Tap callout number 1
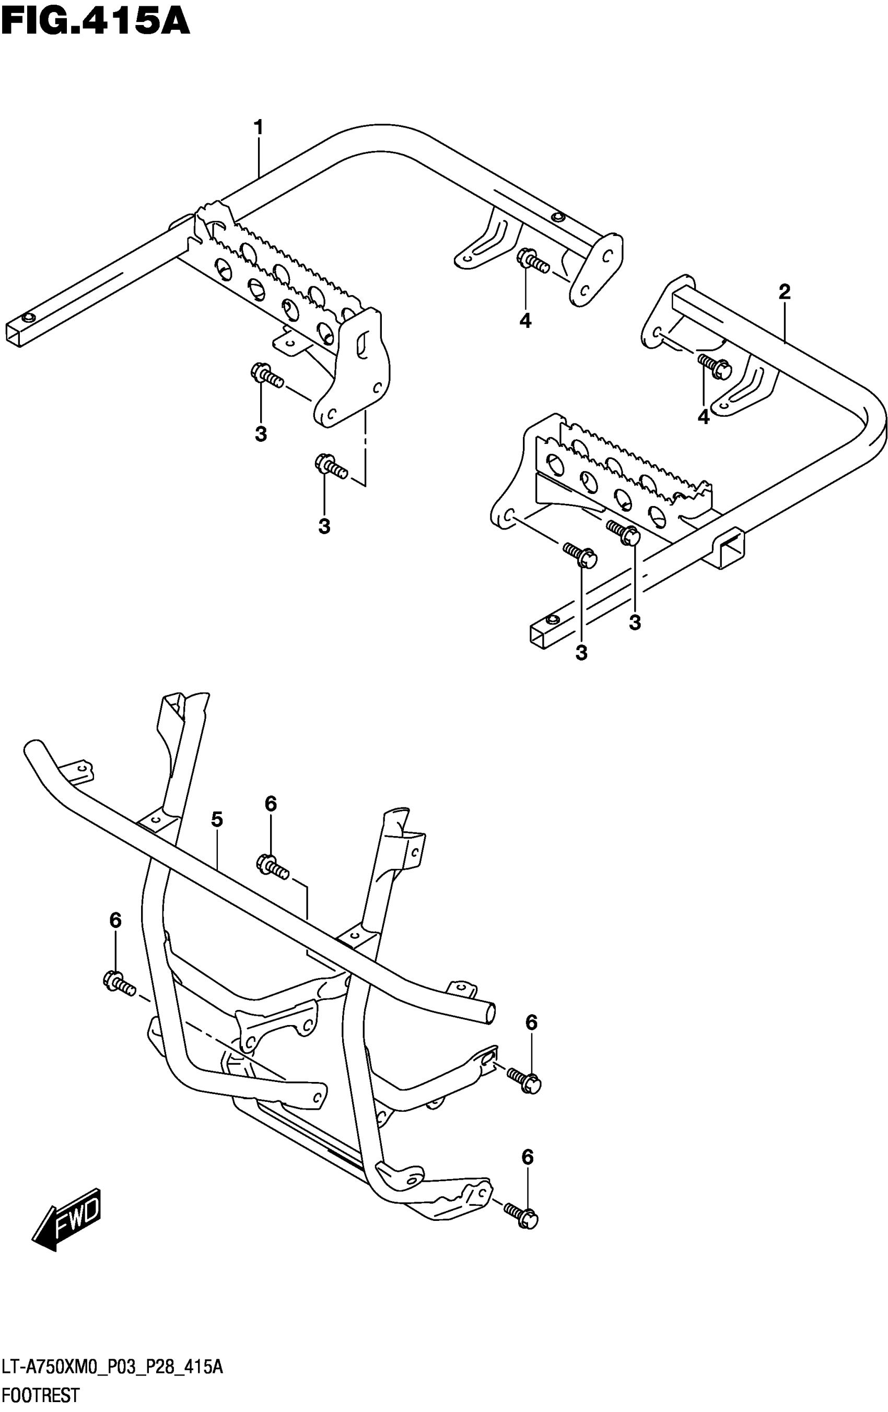[258, 127]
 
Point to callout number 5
[217, 820]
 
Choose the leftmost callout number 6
[115, 921]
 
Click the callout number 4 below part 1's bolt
[525, 321]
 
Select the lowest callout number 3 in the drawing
[581, 653]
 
